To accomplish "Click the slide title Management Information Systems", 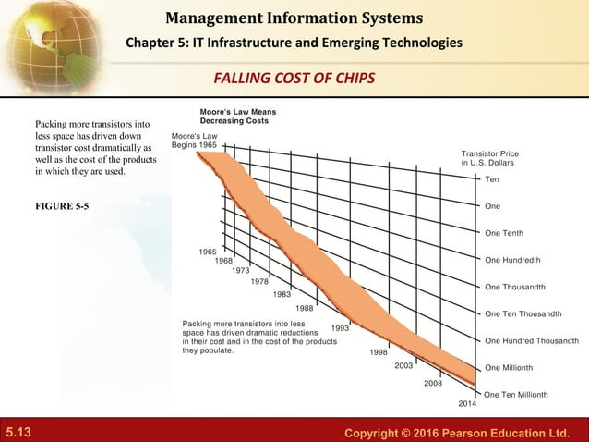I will click(295, 17).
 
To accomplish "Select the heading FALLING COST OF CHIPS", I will click(294, 77).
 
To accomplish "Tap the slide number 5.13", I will click(20, 431).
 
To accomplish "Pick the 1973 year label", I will click(242, 271).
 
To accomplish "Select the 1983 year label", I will click(282, 294).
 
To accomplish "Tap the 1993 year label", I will click(340, 328).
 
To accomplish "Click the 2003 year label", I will click(403, 366).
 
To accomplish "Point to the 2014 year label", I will click(468, 404).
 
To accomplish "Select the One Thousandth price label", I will click(514, 287).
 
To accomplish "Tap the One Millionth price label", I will click(510, 367).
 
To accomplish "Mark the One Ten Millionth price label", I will click(516, 394).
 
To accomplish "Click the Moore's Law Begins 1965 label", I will click(194, 141).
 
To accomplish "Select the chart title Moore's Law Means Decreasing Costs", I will click(238, 117).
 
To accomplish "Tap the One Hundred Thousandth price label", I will click(532, 340).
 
